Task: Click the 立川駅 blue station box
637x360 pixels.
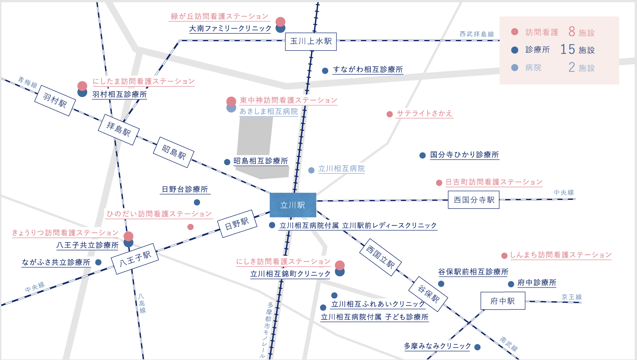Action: click(x=293, y=205)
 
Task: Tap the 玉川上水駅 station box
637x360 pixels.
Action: click(x=311, y=41)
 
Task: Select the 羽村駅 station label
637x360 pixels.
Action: click(x=55, y=101)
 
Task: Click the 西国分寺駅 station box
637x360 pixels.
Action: click(x=473, y=200)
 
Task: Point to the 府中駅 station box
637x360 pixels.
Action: click(x=503, y=301)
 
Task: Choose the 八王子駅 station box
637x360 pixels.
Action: click(x=135, y=259)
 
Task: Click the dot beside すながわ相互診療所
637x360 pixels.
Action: click(x=325, y=71)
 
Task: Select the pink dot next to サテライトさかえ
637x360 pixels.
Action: click(x=389, y=114)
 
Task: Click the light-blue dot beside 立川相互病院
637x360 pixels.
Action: click(x=311, y=170)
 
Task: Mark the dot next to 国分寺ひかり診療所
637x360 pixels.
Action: click(x=422, y=155)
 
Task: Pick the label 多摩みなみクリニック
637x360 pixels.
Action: click(x=437, y=346)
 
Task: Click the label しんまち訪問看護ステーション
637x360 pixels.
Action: click(x=561, y=255)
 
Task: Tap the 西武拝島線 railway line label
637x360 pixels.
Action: click(x=477, y=34)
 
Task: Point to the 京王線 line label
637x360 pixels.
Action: click(x=572, y=297)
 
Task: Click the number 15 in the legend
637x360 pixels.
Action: click(x=567, y=49)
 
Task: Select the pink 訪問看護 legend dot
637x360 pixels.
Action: click(x=515, y=32)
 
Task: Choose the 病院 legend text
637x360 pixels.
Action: click(x=533, y=68)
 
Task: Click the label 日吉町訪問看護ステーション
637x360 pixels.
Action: click(x=494, y=182)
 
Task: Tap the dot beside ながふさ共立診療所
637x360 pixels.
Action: click(x=99, y=262)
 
